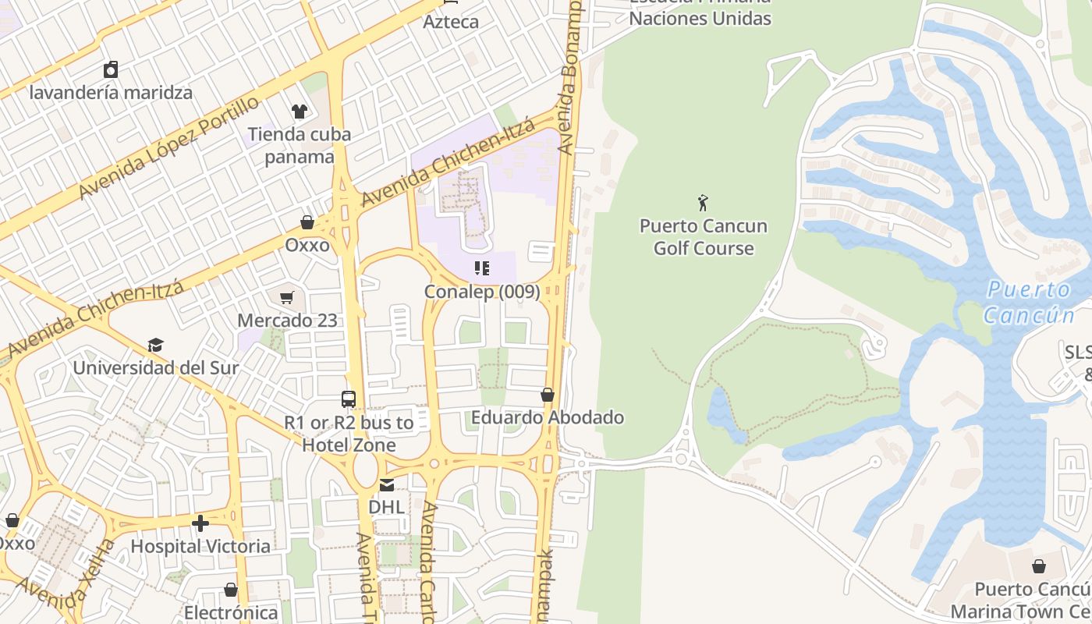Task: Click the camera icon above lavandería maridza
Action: click(x=111, y=69)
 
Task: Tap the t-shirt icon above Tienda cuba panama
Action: click(x=300, y=112)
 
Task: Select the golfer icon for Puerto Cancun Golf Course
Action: click(x=703, y=203)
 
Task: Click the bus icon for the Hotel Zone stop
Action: click(x=349, y=399)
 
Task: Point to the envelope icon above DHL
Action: click(x=387, y=484)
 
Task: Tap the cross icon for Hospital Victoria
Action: click(x=200, y=523)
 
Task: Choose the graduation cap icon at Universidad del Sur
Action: click(x=156, y=345)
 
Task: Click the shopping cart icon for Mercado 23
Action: click(x=287, y=297)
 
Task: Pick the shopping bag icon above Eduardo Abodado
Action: click(x=548, y=395)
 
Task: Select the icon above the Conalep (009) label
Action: click(x=482, y=269)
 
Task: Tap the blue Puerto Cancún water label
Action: click(x=1029, y=303)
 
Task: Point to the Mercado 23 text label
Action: click(x=287, y=320)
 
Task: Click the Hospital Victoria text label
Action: click(x=200, y=546)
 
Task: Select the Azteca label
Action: click(x=451, y=22)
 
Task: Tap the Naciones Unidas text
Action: click(x=700, y=18)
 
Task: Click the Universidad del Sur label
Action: click(x=156, y=367)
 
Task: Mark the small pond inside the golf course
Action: click(x=722, y=413)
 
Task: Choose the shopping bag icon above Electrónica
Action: click(x=231, y=590)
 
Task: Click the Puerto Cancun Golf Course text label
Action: click(x=703, y=237)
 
